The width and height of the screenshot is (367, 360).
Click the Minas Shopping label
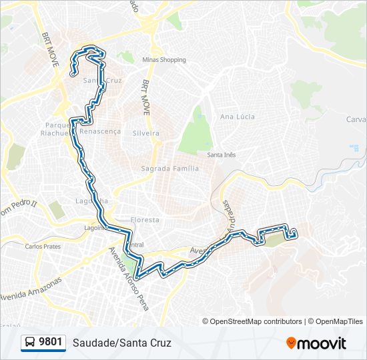(x=163, y=60)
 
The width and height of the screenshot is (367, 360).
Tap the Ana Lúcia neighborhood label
(x=238, y=117)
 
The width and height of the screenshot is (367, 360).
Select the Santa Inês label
(x=222, y=155)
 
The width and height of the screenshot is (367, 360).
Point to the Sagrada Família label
(x=169, y=169)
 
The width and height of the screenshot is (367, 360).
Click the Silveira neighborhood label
(x=146, y=133)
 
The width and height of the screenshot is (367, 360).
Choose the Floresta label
(x=145, y=219)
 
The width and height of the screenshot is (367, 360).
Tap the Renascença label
(x=100, y=131)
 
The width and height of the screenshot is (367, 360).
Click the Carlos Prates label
(x=43, y=247)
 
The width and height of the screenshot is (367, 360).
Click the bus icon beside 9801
(x=30, y=343)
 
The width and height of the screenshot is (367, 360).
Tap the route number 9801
(x=51, y=343)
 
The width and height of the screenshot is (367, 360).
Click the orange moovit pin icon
(x=291, y=343)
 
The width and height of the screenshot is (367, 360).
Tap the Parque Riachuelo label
(x=57, y=129)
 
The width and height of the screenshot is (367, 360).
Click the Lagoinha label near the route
(x=92, y=201)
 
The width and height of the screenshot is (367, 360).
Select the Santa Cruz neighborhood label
(x=101, y=81)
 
